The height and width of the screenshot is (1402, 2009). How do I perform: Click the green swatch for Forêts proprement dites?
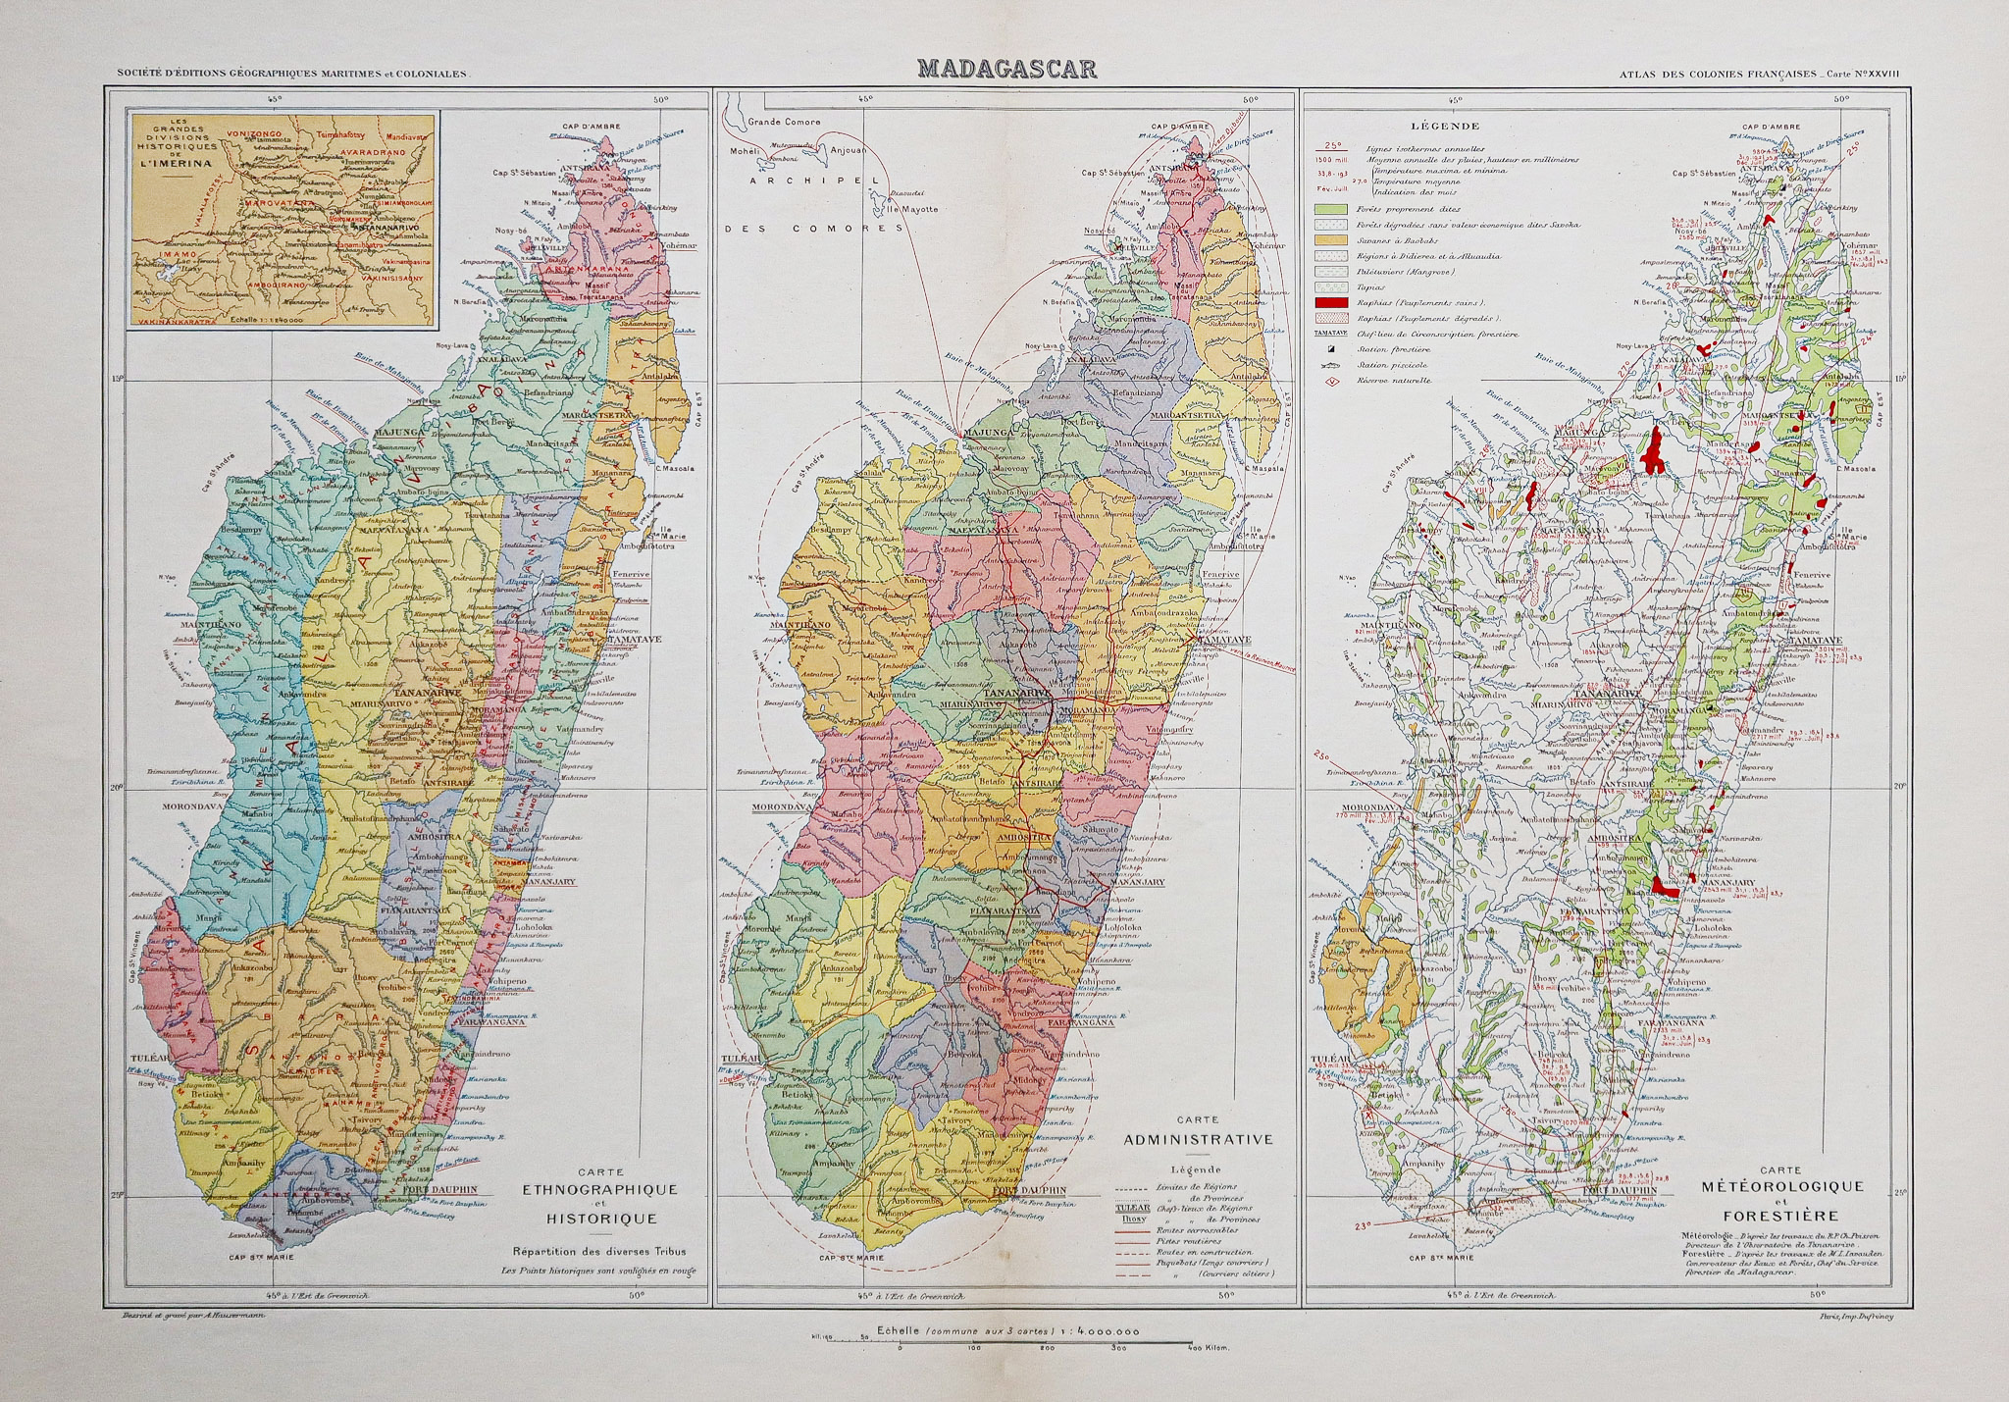pyautogui.click(x=1329, y=210)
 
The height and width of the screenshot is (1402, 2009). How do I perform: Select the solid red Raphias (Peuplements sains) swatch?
pyautogui.click(x=1329, y=303)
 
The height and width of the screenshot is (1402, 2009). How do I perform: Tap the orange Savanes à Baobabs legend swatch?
pyautogui.click(x=1329, y=240)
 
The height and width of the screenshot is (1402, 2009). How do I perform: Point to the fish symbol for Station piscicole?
pyautogui.click(x=1332, y=365)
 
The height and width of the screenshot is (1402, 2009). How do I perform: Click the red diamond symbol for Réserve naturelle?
pyautogui.click(x=1332, y=381)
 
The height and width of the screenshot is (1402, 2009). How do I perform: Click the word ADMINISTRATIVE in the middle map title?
pyautogui.click(x=1198, y=1140)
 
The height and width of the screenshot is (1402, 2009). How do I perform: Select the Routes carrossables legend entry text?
pyautogui.click(x=1197, y=1229)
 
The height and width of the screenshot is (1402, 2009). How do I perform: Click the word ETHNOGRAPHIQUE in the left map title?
pyautogui.click(x=599, y=1190)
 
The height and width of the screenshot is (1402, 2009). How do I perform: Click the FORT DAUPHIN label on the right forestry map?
pyautogui.click(x=1620, y=1190)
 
